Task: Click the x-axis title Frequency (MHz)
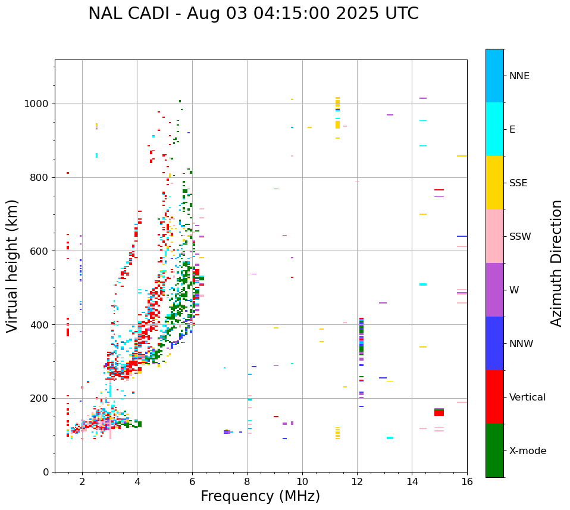pyautogui.click(x=260, y=496)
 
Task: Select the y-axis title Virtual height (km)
pyautogui.click(x=12, y=266)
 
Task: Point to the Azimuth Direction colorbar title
pyautogui.click(x=556, y=263)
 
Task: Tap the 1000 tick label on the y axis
pyautogui.click(x=36, y=104)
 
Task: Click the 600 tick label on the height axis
pyautogui.click(x=39, y=251)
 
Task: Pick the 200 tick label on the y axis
pyautogui.click(x=39, y=398)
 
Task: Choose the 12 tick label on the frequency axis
pyautogui.click(x=357, y=482)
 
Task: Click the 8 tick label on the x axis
pyautogui.click(x=247, y=482)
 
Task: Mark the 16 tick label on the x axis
pyautogui.click(x=467, y=482)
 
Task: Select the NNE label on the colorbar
pyautogui.click(x=519, y=76)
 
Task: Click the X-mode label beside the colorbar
pyautogui.click(x=528, y=451)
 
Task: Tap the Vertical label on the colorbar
pyautogui.click(x=527, y=398)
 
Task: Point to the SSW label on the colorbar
pyautogui.click(x=520, y=237)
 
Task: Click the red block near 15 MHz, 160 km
pyautogui.click(x=439, y=412)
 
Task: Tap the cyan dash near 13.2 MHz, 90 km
pyautogui.click(x=390, y=438)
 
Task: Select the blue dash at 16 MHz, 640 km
pyautogui.click(x=462, y=236)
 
